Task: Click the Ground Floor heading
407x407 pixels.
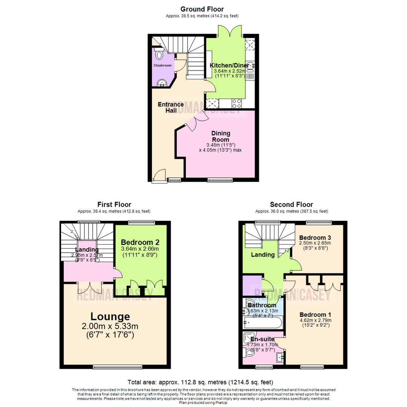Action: tap(202, 9)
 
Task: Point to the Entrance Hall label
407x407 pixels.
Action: tap(171, 107)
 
